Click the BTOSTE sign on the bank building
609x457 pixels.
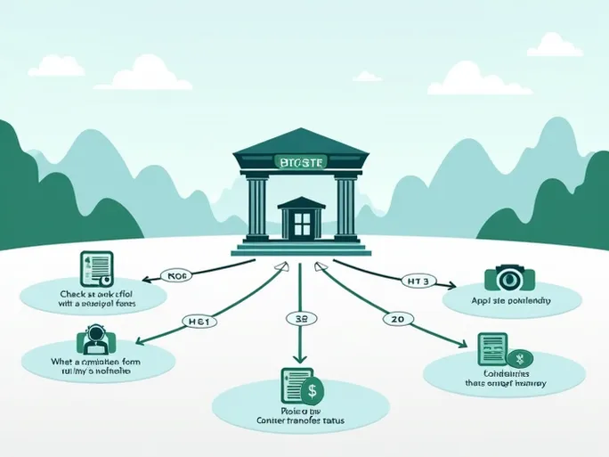[301, 162]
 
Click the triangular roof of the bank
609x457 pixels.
[301, 141]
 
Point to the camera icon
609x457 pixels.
[509, 279]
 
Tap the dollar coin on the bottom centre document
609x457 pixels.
[313, 389]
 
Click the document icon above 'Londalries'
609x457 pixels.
[491, 348]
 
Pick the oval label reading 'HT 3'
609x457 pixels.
[417, 282]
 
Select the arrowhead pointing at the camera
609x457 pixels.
[452, 287]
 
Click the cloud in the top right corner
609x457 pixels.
[554, 45]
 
